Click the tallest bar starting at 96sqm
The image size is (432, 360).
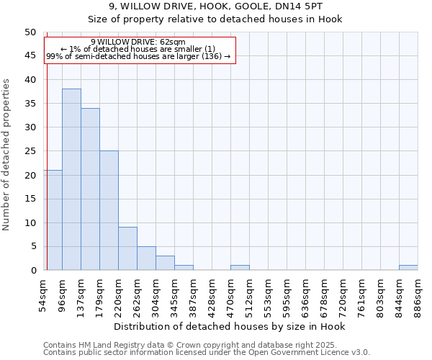[71, 179]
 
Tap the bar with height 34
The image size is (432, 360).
[90, 189]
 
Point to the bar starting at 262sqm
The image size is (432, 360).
[146, 258]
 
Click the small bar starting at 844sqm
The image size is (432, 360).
[408, 267]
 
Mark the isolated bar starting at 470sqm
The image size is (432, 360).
[240, 267]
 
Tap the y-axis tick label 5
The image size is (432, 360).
[32, 246]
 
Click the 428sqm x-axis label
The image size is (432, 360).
[212, 294]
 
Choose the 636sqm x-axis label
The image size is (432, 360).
[305, 294]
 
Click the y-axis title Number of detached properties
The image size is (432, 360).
[7, 155]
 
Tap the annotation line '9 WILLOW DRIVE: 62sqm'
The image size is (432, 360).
[138, 42]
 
